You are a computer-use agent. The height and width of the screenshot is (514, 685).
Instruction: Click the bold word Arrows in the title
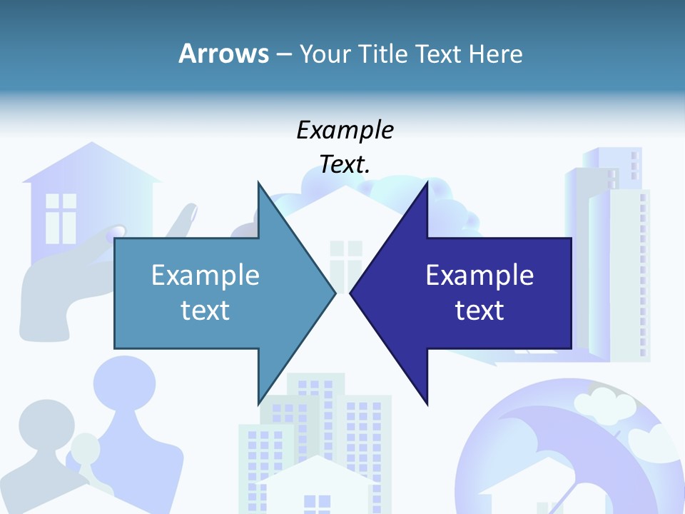click(223, 54)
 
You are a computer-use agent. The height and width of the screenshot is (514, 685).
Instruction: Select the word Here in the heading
click(495, 54)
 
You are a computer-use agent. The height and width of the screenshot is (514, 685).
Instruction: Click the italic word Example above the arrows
click(345, 130)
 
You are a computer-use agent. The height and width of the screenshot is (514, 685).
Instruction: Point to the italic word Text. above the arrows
click(345, 164)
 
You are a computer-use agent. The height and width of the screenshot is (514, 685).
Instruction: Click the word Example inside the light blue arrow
click(205, 275)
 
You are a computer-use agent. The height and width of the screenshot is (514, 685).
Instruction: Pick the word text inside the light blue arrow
click(205, 310)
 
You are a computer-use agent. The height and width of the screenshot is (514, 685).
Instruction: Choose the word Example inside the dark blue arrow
click(479, 275)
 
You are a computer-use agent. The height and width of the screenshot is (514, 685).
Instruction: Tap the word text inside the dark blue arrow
click(479, 310)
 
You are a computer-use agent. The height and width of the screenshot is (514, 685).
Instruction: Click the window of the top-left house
click(61, 218)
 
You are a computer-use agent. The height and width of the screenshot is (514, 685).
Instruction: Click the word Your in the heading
click(328, 54)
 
